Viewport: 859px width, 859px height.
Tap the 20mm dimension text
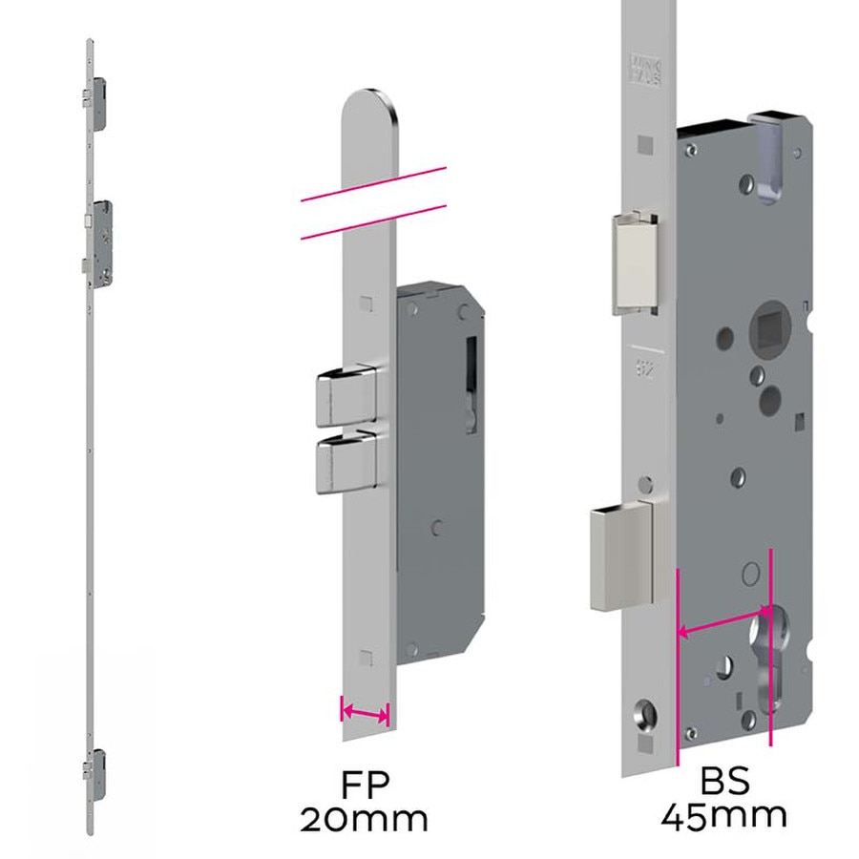(364, 819)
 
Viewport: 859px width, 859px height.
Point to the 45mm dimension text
(725, 816)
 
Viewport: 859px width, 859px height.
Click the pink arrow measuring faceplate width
(365, 712)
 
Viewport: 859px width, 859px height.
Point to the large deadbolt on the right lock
(622, 557)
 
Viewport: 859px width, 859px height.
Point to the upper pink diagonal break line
(372, 184)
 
